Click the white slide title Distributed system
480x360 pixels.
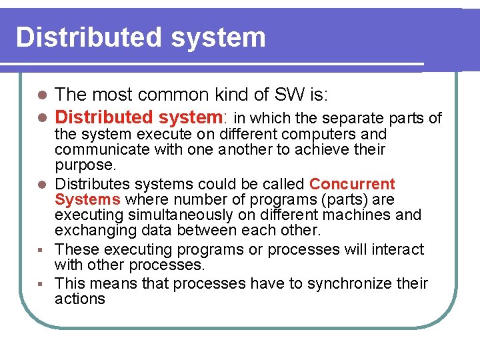(141, 37)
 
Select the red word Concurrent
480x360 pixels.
(352, 184)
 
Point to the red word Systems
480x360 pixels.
(87, 200)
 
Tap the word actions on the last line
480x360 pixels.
(80, 299)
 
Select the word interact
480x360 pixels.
(397, 249)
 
